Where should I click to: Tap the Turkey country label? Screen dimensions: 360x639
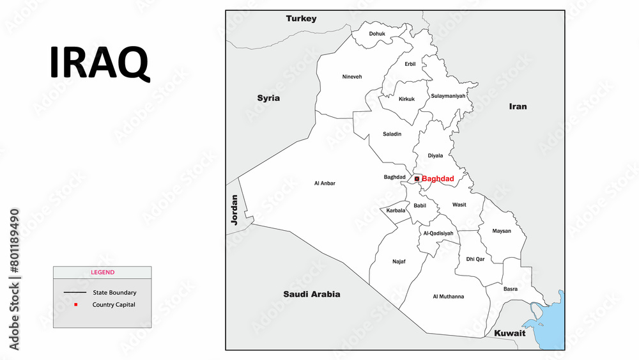[x=301, y=19]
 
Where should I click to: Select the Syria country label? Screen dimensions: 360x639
[x=268, y=98]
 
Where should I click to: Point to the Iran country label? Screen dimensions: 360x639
[x=518, y=106]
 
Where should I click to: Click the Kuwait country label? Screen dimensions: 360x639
[x=509, y=333]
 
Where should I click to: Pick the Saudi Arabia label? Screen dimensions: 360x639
[x=311, y=294]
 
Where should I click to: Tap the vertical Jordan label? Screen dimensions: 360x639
[x=235, y=210]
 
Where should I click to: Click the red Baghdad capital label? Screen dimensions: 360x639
[x=438, y=179]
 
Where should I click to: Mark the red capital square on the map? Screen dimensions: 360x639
[x=417, y=179]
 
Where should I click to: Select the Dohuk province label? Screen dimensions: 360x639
[x=377, y=34]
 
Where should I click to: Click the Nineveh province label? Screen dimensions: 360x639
[x=351, y=77]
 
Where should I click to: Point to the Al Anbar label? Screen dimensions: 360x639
[x=325, y=184]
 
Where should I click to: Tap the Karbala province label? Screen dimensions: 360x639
[x=396, y=210]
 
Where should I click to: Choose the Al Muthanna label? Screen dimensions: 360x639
[x=448, y=297]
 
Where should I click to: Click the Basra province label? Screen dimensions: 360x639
[x=511, y=289]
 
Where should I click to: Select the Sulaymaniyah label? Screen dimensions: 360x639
[x=449, y=96]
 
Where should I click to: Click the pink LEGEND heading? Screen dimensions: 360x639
[x=102, y=272]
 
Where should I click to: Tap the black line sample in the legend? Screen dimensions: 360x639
[x=75, y=293]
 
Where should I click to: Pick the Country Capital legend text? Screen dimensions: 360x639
[x=114, y=304]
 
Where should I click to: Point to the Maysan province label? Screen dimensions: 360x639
[x=502, y=231]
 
